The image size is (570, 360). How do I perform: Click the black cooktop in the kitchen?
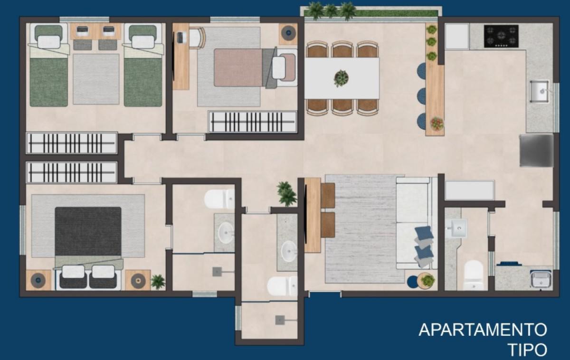click(x=501, y=36)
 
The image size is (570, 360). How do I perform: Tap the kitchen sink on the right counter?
click(x=540, y=91)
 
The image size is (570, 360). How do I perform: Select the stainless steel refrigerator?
click(x=536, y=151)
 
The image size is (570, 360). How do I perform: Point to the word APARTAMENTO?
click(x=483, y=330)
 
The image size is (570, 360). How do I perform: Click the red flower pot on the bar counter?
click(x=437, y=124)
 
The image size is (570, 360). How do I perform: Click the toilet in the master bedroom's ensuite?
click(x=219, y=199)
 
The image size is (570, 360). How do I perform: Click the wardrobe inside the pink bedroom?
click(x=253, y=122)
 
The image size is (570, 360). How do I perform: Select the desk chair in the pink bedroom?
click(x=196, y=38)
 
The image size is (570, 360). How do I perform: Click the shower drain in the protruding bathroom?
click(x=280, y=320)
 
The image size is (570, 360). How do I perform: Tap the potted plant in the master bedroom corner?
click(x=158, y=282)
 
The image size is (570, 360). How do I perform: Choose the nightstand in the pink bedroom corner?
click(x=288, y=34)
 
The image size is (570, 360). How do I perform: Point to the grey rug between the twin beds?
click(x=96, y=79)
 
